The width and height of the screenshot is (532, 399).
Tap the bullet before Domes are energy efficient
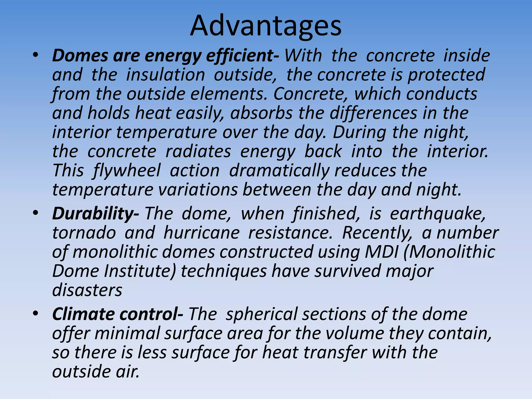[36, 55]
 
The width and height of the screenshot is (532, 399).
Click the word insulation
[165, 75]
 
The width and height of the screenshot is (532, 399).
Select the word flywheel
[127, 171]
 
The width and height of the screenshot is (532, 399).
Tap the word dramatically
[279, 171]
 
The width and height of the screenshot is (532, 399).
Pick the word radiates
[198, 152]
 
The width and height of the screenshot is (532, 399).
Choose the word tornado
[84, 233]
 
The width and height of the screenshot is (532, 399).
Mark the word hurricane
[202, 233]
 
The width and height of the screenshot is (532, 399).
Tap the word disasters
[87, 290]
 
